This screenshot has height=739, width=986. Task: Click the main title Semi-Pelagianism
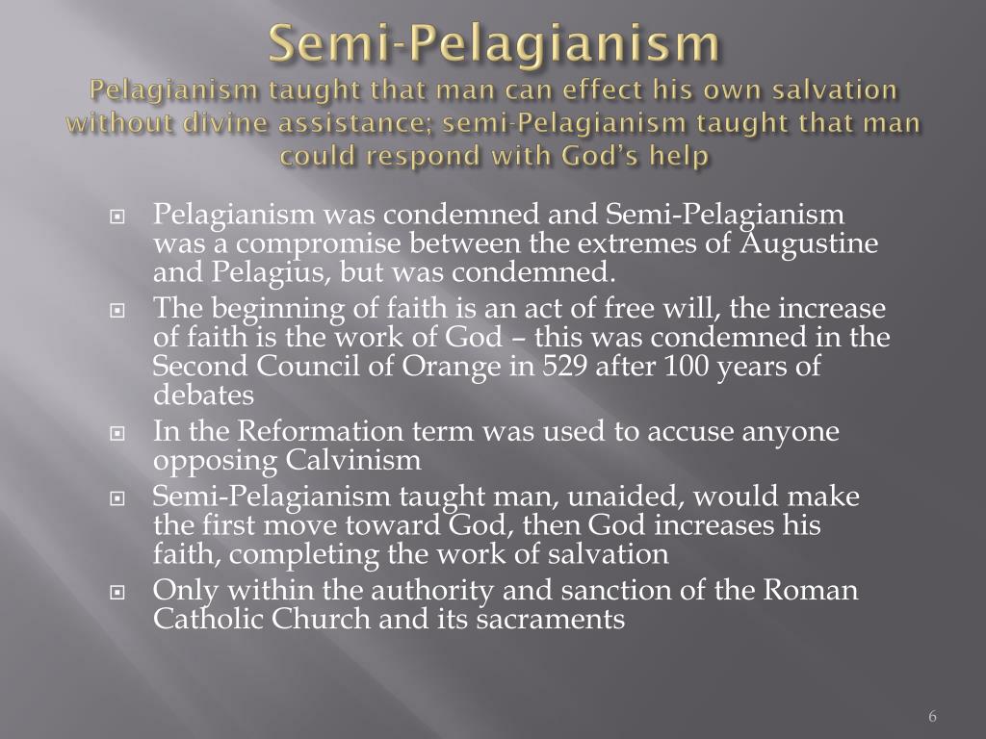493,42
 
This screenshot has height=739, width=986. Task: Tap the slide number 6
933,717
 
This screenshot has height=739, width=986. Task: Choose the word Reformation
315,432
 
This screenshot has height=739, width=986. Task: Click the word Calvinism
354,461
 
